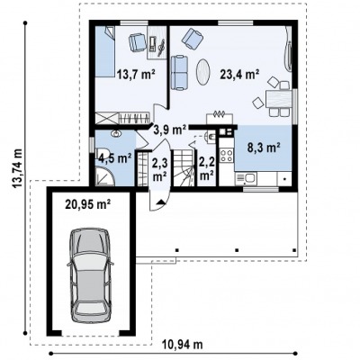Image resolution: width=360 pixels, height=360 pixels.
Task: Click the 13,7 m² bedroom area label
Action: pyautogui.click(x=136, y=74)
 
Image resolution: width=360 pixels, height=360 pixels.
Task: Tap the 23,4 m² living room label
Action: pyautogui.click(x=239, y=74)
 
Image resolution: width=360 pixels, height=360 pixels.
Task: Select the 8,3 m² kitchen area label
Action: pyautogui.click(x=264, y=148)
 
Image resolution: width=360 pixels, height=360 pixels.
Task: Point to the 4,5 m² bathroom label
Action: pyautogui.click(x=115, y=158)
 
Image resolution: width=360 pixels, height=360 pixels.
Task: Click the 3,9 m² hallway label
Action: pyautogui.click(x=170, y=130)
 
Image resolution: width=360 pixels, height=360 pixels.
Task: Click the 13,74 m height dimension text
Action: pyautogui.click(x=18, y=168)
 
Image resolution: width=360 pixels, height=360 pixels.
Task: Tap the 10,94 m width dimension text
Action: pyautogui.click(x=183, y=345)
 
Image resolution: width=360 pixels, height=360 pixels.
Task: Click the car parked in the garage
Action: pyautogui.click(x=90, y=275)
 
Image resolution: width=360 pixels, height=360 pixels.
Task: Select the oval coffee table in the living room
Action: pyautogui.click(x=202, y=71)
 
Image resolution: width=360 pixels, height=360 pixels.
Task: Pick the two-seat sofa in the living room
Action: pyautogui.click(x=179, y=72)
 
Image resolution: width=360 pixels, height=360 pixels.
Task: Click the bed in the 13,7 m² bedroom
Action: pyautogui.click(x=105, y=52)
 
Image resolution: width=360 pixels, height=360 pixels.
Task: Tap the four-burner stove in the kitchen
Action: pyautogui.click(x=227, y=156)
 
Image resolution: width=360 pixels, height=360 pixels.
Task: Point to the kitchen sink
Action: pyautogui.click(x=246, y=179)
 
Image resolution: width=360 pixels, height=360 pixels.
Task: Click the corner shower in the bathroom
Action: pyautogui.click(x=105, y=177)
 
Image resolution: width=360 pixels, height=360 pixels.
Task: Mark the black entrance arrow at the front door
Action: pyautogui.click(x=160, y=202)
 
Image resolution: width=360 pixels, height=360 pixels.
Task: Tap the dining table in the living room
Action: pyautogui.click(x=278, y=99)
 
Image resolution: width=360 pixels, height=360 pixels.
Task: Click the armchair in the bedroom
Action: pyautogui.click(x=137, y=42)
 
